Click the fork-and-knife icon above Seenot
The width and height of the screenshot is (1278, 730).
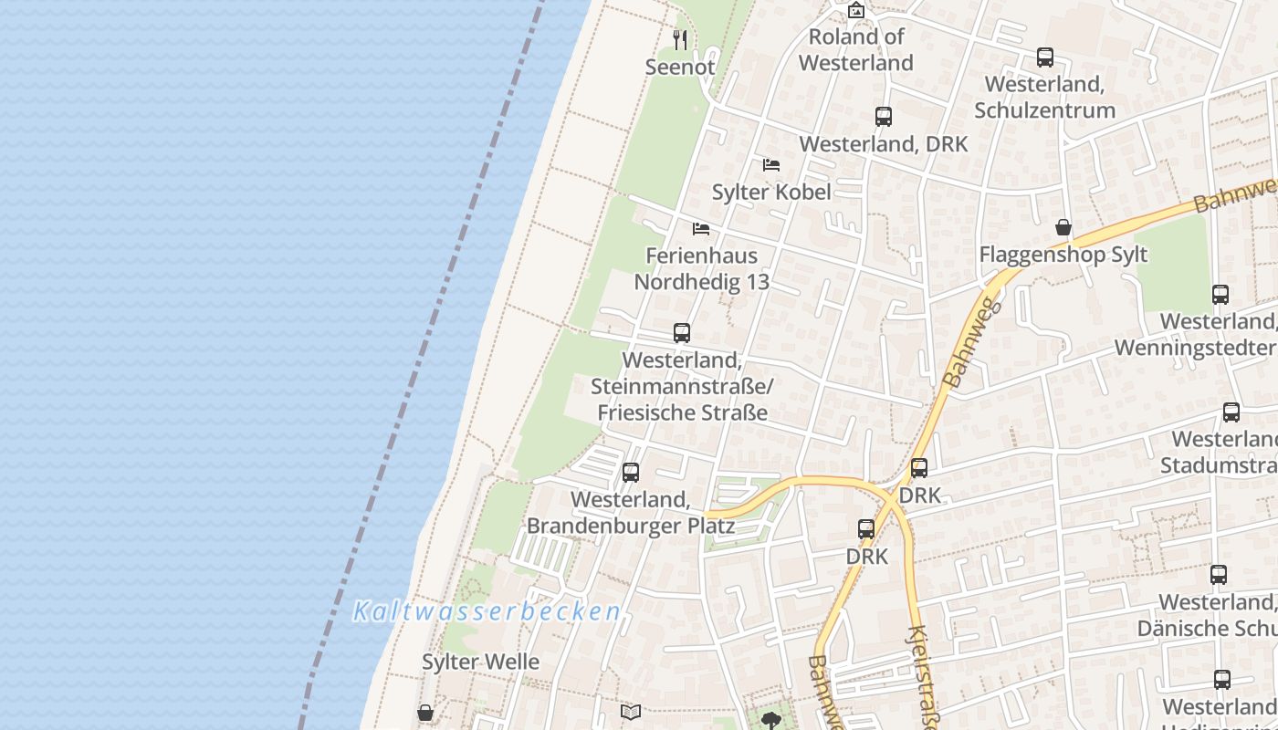tap(679, 39)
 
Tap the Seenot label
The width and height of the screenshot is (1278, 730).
tap(680, 67)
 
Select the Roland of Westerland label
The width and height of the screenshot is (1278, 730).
tap(856, 49)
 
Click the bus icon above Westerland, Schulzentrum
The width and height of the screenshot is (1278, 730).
tap(1045, 57)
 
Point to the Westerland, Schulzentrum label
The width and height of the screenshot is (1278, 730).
tap(1045, 97)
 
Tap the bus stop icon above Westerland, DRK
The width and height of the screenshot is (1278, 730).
tap(883, 117)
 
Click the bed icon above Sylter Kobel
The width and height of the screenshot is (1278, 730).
tap(771, 165)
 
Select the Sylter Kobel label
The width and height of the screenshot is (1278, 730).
tap(771, 192)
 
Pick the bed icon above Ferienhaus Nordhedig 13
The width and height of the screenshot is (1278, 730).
tap(701, 228)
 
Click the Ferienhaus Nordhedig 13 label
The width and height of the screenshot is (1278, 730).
tap(702, 268)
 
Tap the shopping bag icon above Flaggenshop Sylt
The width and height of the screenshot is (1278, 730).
tap(1063, 227)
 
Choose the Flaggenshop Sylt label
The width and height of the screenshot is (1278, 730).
tap(1063, 255)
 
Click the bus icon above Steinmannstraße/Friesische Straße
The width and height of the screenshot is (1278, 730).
tap(682, 333)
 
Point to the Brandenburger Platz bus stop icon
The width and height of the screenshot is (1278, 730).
tap(631, 473)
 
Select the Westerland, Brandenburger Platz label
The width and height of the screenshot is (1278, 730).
tap(631, 513)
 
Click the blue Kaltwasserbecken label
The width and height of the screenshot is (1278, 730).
tap(487, 611)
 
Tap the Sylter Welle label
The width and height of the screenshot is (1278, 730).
tap(480, 662)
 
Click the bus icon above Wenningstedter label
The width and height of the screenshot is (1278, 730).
tap(1220, 295)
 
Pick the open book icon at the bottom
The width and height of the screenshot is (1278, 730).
tap(631, 712)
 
